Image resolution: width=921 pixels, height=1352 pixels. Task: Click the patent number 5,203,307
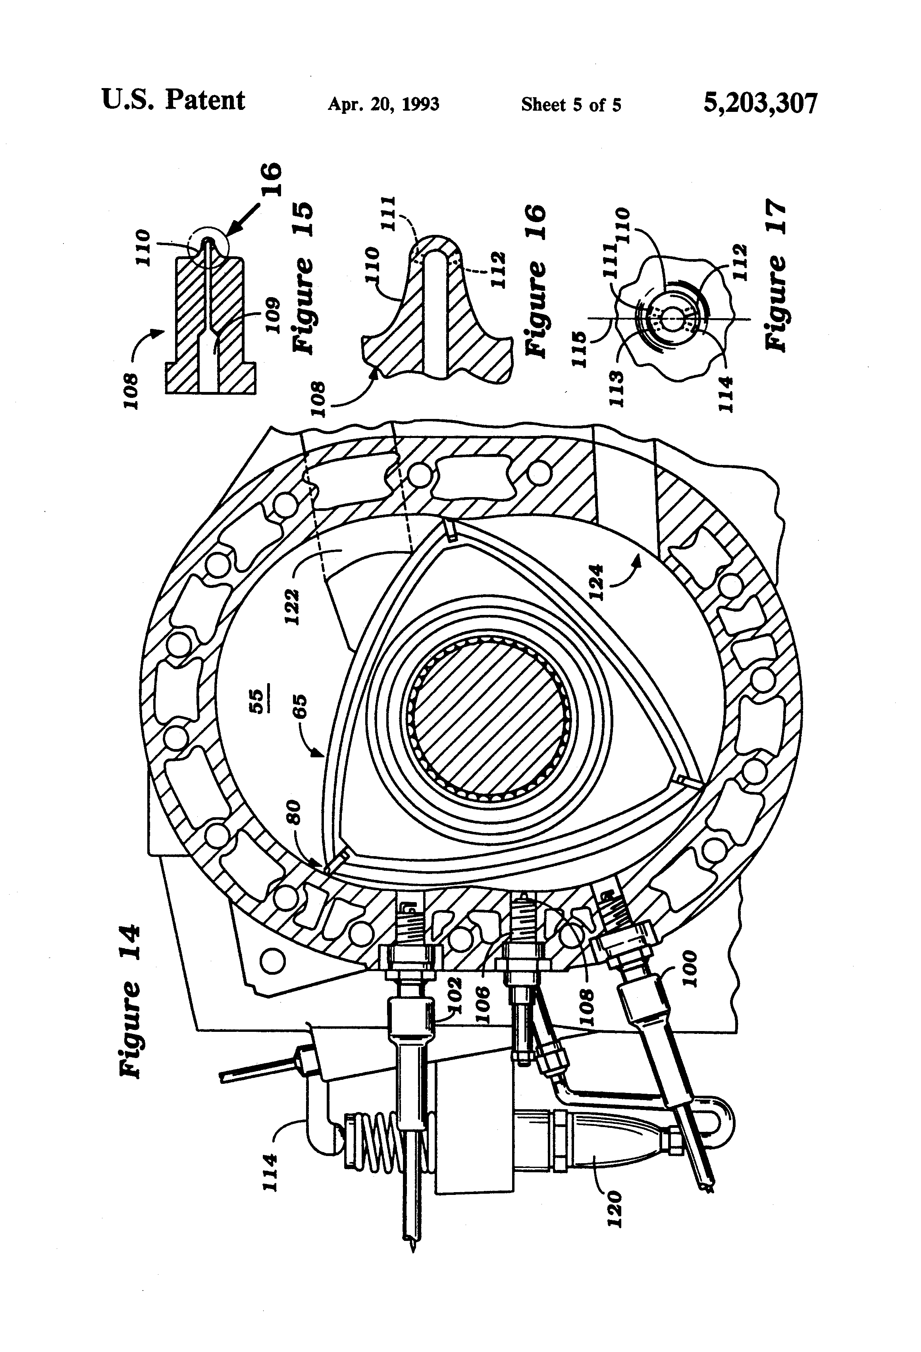(760, 104)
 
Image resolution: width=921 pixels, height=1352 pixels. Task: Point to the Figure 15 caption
(303, 278)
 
